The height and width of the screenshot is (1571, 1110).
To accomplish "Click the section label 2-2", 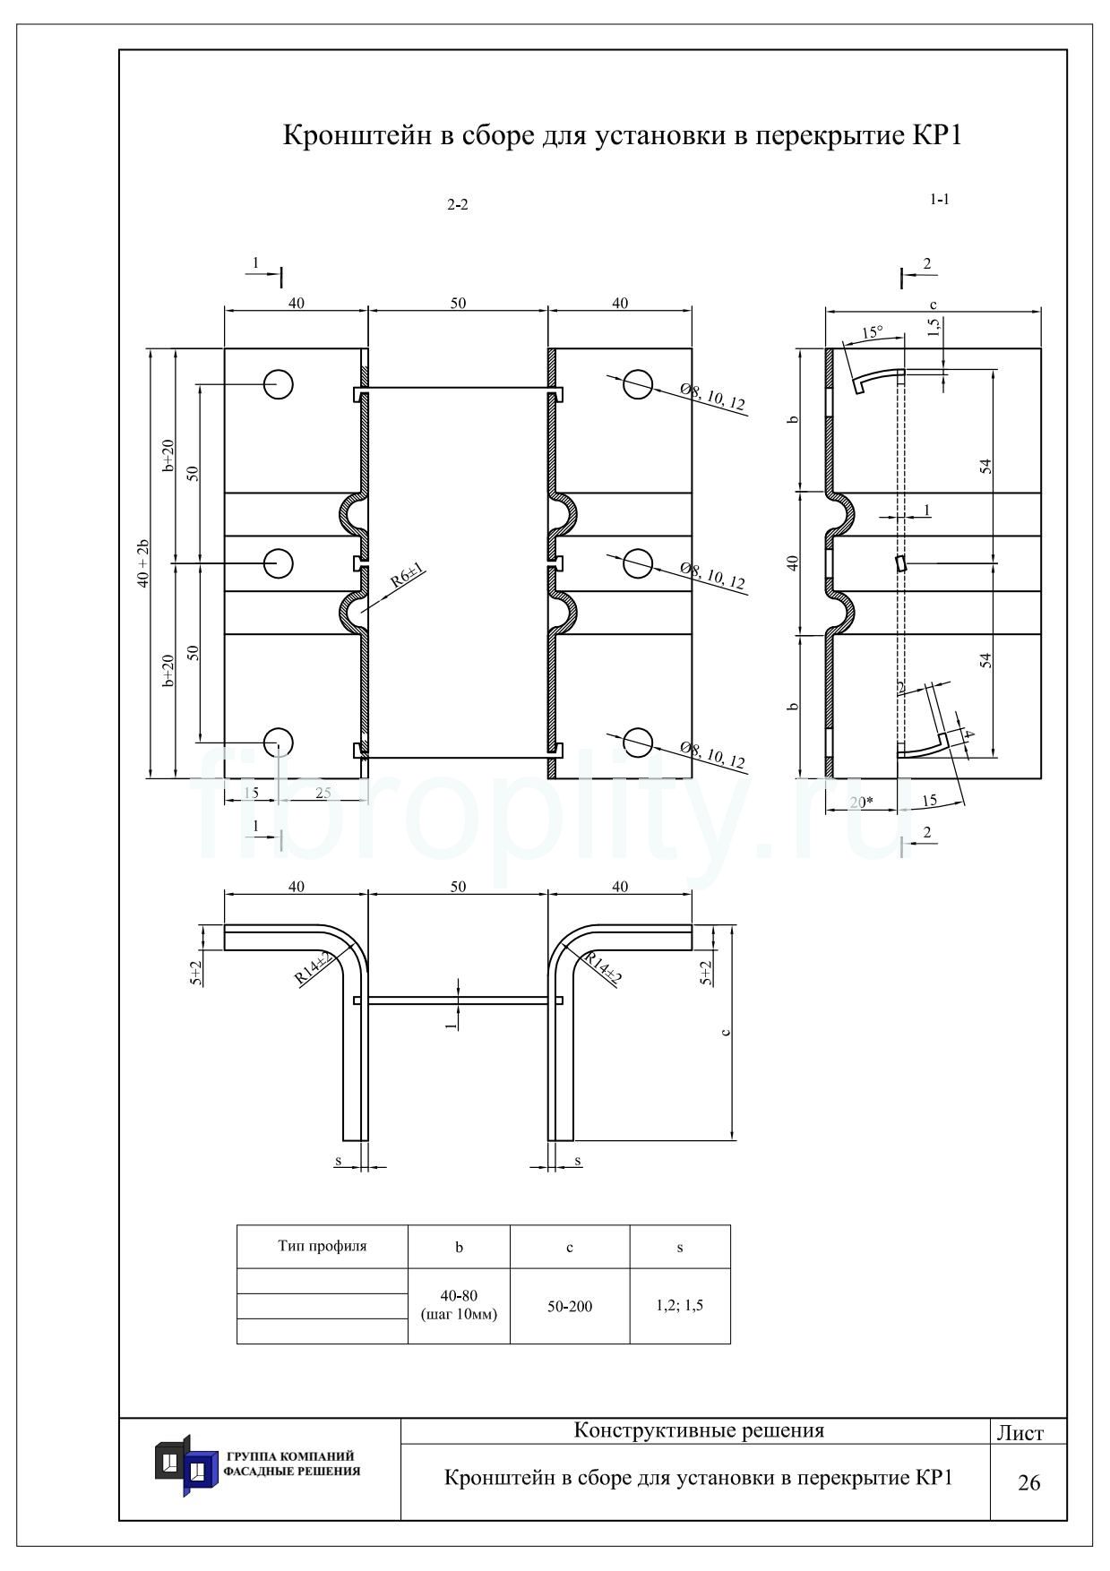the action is click(458, 205).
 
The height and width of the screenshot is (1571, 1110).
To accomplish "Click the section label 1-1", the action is click(939, 200).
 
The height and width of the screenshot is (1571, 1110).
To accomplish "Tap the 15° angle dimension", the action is click(872, 332).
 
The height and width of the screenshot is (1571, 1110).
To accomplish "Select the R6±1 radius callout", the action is click(406, 576).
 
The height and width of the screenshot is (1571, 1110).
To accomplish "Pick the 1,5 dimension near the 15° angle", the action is click(934, 327).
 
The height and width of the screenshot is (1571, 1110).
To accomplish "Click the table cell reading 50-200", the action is click(570, 1307).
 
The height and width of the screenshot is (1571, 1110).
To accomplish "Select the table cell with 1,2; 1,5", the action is click(680, 1305).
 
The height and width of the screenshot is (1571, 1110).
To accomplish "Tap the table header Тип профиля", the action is click(323, 1246).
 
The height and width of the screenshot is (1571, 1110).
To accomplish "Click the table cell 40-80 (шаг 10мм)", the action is click(459, 1305).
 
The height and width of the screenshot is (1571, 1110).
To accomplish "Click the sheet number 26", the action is click(1029, 1483).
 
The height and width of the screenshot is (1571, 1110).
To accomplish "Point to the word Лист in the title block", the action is click(1020, 1433).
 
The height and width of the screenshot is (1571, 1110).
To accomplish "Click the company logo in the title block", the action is click(186, 1465).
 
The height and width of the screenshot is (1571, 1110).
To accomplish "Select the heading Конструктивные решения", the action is click(699, 1430).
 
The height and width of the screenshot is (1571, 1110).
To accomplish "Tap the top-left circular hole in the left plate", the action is click(279, 384).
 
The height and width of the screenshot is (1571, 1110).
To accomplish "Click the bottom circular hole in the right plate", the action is click(638, 743).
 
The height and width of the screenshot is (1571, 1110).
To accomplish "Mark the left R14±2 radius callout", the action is click(314, 970).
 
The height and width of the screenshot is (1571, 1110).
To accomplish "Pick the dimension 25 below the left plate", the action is click(323, 793).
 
